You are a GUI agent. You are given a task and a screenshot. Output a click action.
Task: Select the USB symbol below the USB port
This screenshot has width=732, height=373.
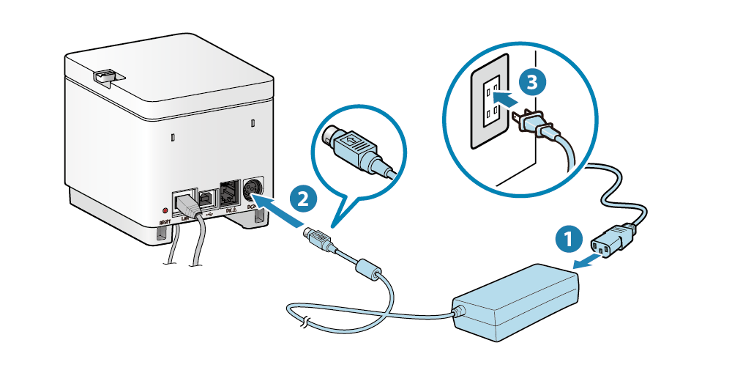[x=209, y=215]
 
